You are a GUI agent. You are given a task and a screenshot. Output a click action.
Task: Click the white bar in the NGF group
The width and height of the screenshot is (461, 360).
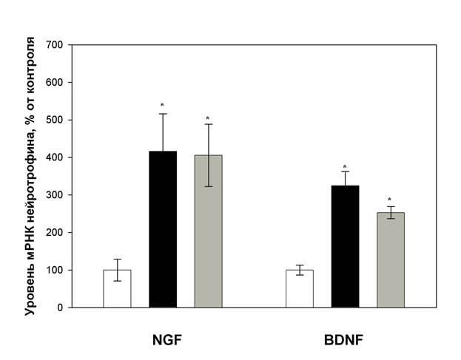click(117, 288)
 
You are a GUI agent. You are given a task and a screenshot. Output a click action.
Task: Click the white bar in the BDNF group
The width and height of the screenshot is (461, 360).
click(299, 288)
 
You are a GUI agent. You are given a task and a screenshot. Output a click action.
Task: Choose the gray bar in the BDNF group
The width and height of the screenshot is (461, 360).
click(391, 259)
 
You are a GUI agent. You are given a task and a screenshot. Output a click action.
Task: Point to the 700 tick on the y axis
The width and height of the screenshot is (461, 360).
click(57, 45)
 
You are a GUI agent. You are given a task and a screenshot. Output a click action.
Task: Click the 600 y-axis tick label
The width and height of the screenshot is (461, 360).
click(57, 83)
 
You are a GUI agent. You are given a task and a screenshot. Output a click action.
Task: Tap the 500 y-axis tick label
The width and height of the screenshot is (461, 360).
click(57, 120)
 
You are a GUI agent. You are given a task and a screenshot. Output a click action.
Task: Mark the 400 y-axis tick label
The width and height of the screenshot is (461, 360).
click(57, 157)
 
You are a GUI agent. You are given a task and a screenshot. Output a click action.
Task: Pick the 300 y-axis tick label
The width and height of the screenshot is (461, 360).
click(57, 195)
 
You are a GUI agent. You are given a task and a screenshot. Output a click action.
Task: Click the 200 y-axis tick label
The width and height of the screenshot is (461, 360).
click(57, 233)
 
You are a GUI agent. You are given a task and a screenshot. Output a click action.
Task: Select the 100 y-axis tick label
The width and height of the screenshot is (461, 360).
click(57, 270)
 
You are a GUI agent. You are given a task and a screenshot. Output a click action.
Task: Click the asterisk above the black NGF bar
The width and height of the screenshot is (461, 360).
click(162, 106)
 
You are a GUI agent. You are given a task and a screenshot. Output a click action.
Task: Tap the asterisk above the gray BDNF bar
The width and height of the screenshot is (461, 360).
click(390, 200)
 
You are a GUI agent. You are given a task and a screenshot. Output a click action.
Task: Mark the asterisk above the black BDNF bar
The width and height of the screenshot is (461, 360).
click(345, 167)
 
